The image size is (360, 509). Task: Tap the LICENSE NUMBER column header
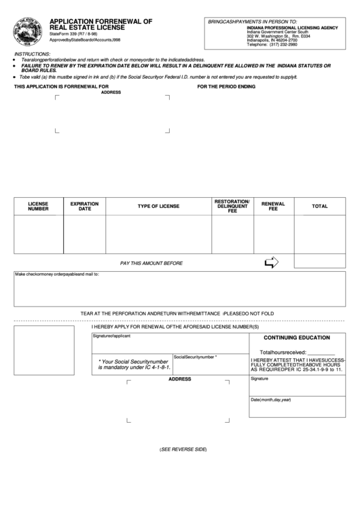coord(38,206)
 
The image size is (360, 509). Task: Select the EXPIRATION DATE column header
coord(85,206)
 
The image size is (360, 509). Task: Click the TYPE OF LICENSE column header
coord(158,206)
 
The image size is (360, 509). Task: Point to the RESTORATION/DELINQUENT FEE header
coord(232,207)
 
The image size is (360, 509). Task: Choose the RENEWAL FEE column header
coord(273,206)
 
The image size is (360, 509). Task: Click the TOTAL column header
coord(319,206)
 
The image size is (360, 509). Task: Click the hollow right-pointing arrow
coord(271,262)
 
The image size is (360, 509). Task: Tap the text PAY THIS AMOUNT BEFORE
coord(151,262)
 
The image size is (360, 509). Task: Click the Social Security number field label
coord(196,356)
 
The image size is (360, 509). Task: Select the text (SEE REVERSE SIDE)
coord(183,450)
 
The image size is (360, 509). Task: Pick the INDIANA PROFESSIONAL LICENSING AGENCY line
coord(293,28)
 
